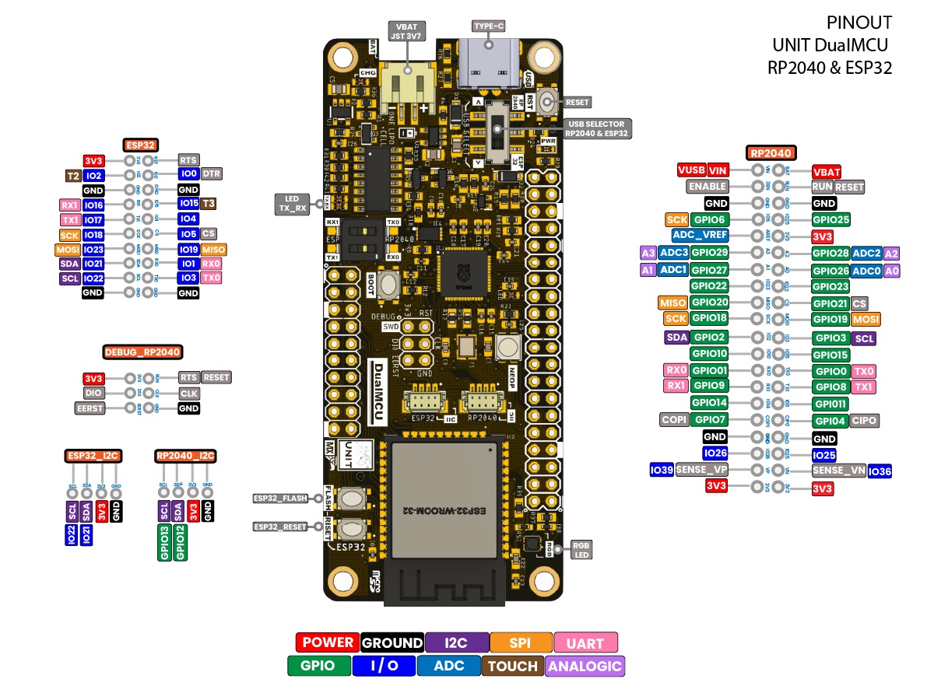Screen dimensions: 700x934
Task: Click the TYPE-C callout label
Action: pyautogui.click(x=490, y=26)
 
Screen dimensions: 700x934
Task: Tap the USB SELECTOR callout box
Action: pyautogui.click(x=597, y=128)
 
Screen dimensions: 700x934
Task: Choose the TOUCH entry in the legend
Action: pyautogui.click(x=513, y=666)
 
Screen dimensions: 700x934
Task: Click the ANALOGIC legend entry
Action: pyautogui.click(x=585, y=666)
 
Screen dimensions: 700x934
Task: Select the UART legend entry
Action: pyautogui.click(x=585, y=642)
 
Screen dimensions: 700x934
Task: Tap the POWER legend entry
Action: pyautogui.click(x=328, y=642)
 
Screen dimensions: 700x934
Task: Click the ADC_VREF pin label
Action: pyautogui.click(x=699, y=236)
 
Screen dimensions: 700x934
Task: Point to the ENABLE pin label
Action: pyautogui.click(x=708, y=187)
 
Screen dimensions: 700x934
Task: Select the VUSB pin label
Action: pyautogui.click(x=691, y=170)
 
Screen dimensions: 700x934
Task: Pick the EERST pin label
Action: pyautogui.click(x=90, y=408)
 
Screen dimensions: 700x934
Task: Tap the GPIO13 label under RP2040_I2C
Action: pyautogui.click(x=164, y=542)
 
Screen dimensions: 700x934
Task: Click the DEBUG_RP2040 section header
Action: pyautogui.click(x=142, y=352)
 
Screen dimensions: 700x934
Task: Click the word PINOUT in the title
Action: pyautogui.click(x=859, y=23)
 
